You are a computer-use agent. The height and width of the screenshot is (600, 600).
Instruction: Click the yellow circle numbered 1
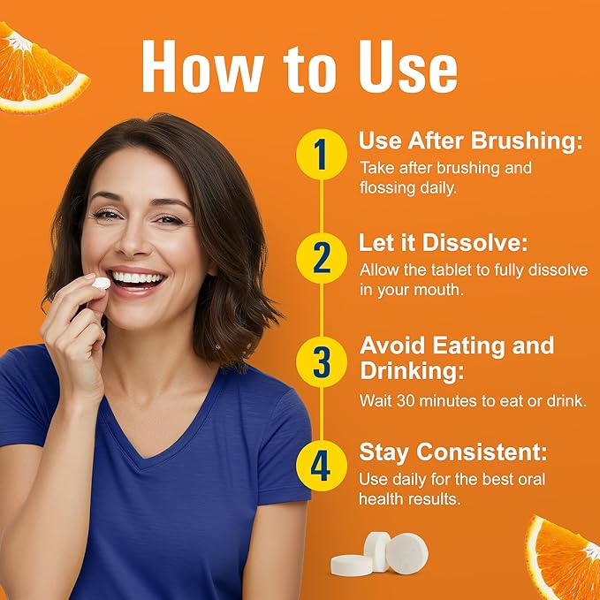pyautogui.click(x=322, y=155)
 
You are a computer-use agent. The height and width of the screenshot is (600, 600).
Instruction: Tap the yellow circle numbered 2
pyautogui.click(x=322, y=258)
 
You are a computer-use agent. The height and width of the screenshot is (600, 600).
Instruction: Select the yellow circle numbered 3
pyautogui.click(x=322, y=361)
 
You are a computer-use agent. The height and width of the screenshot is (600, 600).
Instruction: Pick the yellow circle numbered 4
pyautogui.click(x=322, y=466)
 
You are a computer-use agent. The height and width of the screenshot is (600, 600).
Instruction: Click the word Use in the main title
pyautogui.click(x=408, y=67)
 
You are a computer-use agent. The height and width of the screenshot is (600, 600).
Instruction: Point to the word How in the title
pyautogui.click(x=202, y=66)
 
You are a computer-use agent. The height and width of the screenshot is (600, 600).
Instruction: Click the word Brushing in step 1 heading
pyautogui.click(x=527, y=142)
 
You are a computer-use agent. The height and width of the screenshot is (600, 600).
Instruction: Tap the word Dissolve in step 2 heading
pyautogui.click(x=475, y=243)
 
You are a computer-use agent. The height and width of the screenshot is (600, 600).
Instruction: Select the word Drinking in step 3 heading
pyautogui.click(x=412, y=371)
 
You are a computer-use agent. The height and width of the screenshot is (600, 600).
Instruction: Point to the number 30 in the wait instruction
pyautogui.click(x=406, y=401)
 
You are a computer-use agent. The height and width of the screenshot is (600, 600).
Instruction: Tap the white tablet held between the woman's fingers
pyautogui.click(x=102, y=283)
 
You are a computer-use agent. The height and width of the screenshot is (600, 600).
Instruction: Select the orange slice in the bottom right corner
pyautogui.click(x=563, y=557)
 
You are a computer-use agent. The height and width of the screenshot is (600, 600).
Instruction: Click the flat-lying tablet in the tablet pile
pyautogui.click(x=352, y=565)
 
